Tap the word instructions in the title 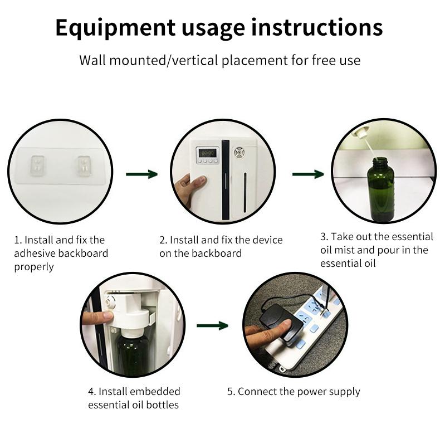coord(317,27)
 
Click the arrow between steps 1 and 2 coord(141,174)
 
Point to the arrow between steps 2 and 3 coord(308,174)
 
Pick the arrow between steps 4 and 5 coord(212,326)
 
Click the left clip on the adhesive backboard coord(37,164)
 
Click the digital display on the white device coord(207,153)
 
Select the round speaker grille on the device coord(239,153)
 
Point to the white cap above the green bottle coord(360,131)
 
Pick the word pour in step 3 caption coord(389,250)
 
